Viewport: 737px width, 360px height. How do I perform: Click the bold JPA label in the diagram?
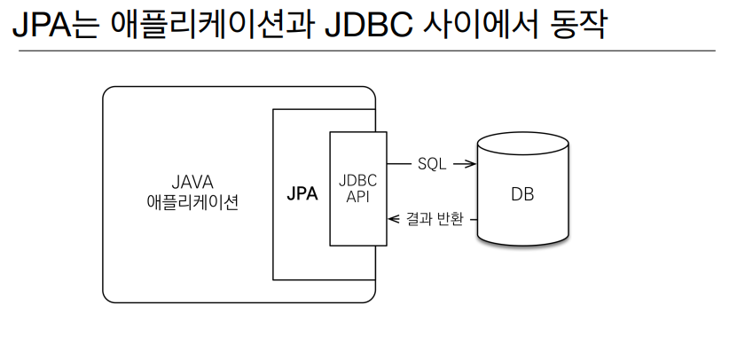click(x=302, y=193)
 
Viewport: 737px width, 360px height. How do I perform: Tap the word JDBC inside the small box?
click(x=357, y=181)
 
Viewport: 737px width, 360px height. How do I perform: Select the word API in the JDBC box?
click(x=357, y=197)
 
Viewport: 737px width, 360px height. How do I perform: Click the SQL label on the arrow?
click(x=432, y=164)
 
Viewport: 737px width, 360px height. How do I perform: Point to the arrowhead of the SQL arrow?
click(x=471, y=164)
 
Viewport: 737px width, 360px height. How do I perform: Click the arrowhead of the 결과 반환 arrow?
click(x=393, y=219)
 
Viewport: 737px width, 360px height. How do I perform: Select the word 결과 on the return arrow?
click(x=414, y=219)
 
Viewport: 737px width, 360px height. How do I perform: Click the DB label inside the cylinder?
click(x=522, y=194)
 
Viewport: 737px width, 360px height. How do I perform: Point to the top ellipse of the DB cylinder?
click(x=523, y=132)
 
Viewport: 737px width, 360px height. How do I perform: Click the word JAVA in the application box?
click(x=192, y=182)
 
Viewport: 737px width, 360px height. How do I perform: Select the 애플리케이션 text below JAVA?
click(x=192, y=202)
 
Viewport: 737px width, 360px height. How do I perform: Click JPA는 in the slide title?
click(x=56, y=25)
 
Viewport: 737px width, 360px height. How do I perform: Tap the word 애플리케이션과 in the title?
click(x=213, y=25)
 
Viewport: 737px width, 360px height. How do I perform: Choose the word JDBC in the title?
click(x=369, y=25)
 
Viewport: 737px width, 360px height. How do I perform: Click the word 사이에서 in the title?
click(x=481, y=25)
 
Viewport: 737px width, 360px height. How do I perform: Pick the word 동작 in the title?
click(x=577, y=25)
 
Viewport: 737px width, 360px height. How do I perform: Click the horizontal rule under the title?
click(x=366, y=51)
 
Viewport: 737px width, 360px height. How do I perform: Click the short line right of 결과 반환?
click(x=473, y=219)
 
